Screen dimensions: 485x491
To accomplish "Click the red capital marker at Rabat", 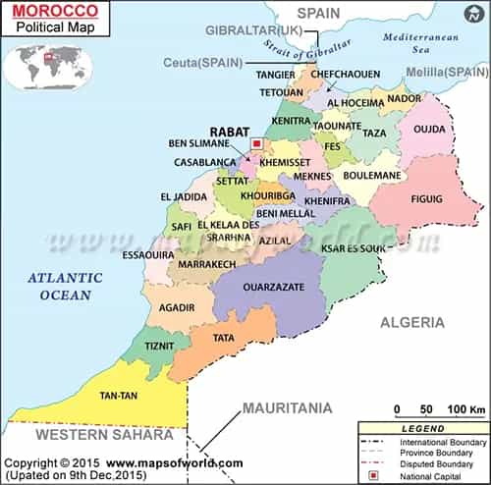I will click(257, 143).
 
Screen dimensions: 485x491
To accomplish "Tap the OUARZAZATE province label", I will click(262, 289).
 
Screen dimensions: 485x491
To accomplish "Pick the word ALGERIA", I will click(412, 322).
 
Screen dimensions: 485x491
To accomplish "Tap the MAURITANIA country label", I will click(288, 407).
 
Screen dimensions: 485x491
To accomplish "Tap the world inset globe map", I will click(46, 65).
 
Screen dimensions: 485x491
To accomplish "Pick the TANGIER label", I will click(275, 75).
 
